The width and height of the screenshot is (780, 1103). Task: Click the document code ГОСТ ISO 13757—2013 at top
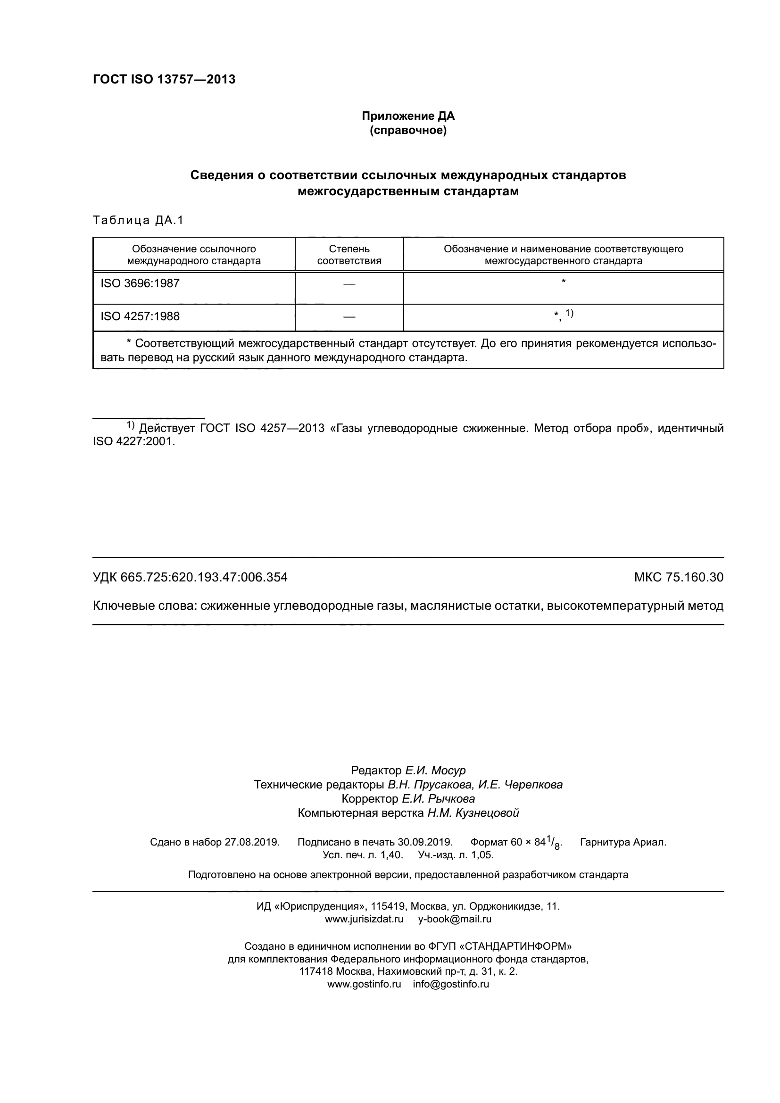164,79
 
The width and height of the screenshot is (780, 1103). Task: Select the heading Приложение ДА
408,116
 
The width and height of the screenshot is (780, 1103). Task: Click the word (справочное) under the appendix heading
408,130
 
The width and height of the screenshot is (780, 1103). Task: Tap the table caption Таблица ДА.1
138,221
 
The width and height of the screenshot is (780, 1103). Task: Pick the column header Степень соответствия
349,255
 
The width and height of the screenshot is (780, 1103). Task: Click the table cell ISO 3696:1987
140,283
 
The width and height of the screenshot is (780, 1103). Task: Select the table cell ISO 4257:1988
140,316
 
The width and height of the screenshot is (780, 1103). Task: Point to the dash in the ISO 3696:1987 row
349,284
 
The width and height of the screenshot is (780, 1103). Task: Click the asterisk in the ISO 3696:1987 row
564,281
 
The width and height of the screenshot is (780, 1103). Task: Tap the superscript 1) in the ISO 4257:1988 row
569,313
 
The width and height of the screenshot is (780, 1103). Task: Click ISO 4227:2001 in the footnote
133,441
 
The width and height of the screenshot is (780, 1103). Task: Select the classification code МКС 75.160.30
679,577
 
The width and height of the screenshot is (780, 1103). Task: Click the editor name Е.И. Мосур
435,771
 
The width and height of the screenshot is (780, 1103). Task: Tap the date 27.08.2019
252,842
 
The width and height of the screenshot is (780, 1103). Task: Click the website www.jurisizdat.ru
364,920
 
